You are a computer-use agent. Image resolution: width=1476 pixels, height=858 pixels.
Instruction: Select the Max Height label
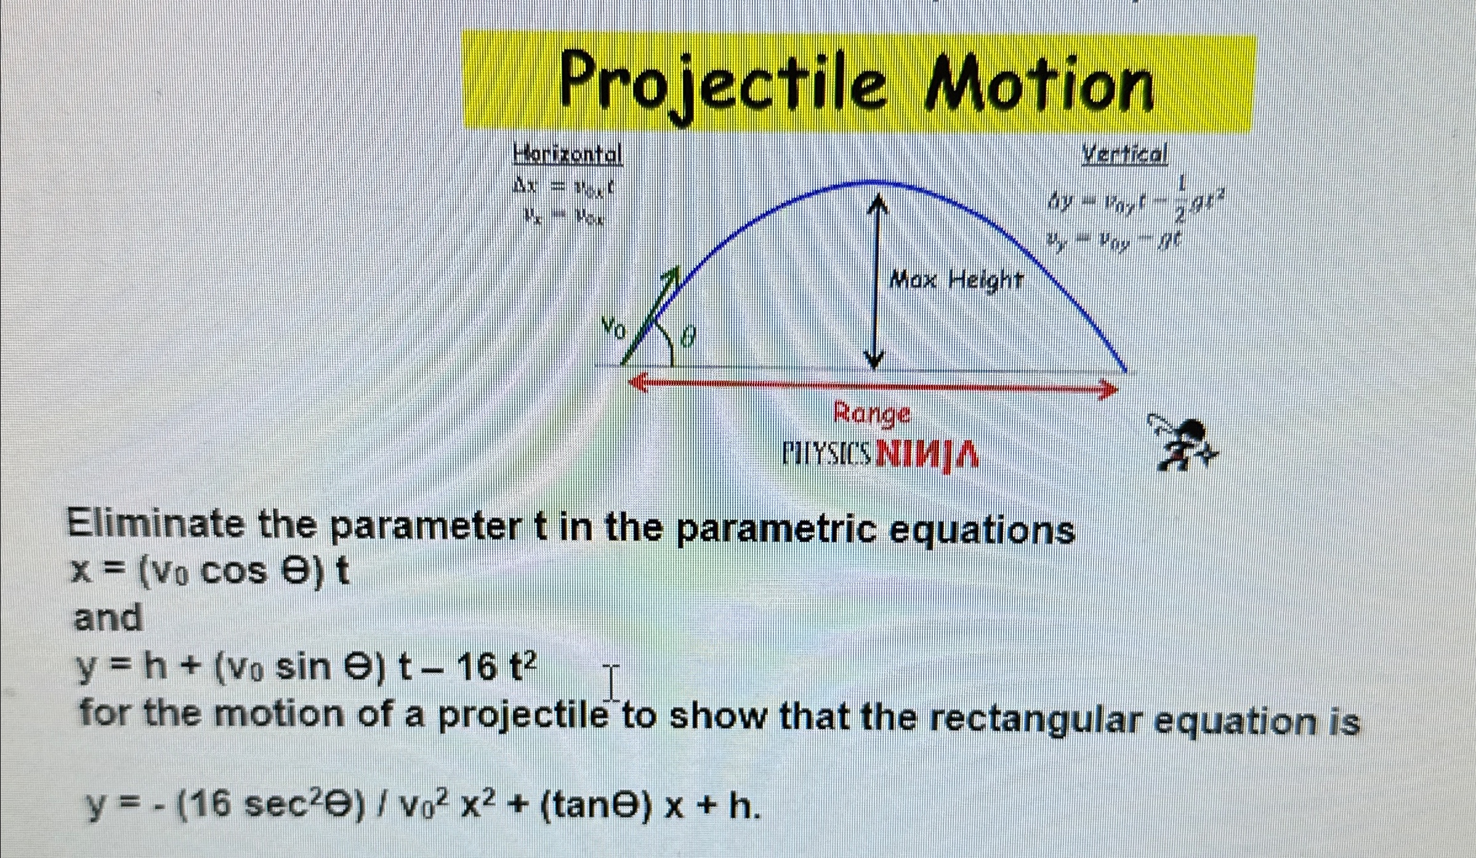[x=956, y=281]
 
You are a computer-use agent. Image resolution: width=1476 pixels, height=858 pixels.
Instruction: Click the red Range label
[x=871, y=413]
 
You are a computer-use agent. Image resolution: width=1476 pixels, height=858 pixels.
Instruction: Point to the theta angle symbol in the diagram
[x=689, y=336]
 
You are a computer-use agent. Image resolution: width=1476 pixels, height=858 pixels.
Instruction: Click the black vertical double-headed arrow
[x=875, y=280]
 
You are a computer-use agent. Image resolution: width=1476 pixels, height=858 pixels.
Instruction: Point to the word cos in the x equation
[x=233, y=572]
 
